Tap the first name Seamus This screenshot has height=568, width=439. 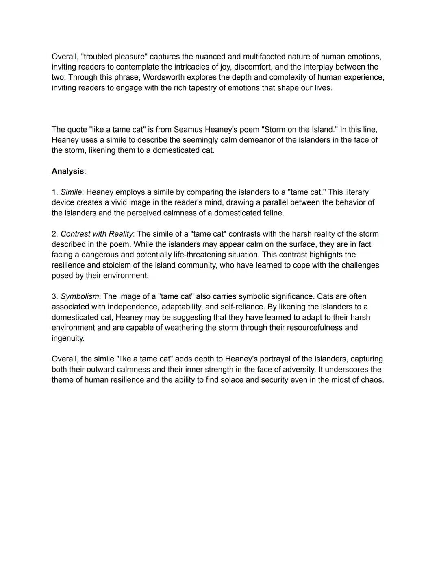click(188, 130)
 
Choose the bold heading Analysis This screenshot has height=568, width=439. click(67, 171)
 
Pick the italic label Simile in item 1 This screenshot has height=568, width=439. click(71, 192)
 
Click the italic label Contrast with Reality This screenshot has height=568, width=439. click(96, 234)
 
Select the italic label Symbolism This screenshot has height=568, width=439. click(80, 296)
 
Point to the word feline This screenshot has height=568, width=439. click(272, 213)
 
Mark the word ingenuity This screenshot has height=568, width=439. click(68, 338)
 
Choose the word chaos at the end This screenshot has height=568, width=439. click(372, 380)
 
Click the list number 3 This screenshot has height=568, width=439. click(54, 296)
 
